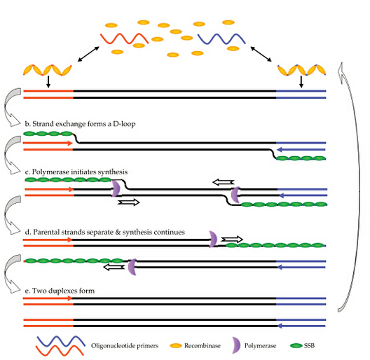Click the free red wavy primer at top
(x=124, y=39)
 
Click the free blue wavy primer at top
(x=221, y=39)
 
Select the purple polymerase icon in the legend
(x=236, y=345)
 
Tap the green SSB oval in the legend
(x=296, y=345)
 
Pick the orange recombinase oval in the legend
(x=176, y=346)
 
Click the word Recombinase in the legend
(x=203, y=345)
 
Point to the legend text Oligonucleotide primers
(x=125, y=346)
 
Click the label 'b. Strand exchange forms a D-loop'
(x=80, y=124)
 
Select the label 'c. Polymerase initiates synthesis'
(x=76, y=172)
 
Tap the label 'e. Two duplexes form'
(x=60, y=291)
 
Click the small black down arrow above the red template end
(x=48, y=82)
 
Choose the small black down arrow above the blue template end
(x=301, y=82)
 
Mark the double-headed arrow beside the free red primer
(x=88, y=54)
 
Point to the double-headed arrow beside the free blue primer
(x=261, y=54)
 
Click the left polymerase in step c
(x=116, y=188)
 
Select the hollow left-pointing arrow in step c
(x=224, y=182)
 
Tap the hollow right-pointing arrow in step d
(x=232, y=240)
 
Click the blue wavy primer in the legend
(x=61, y=341)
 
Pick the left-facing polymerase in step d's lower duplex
(x=132, y=267)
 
